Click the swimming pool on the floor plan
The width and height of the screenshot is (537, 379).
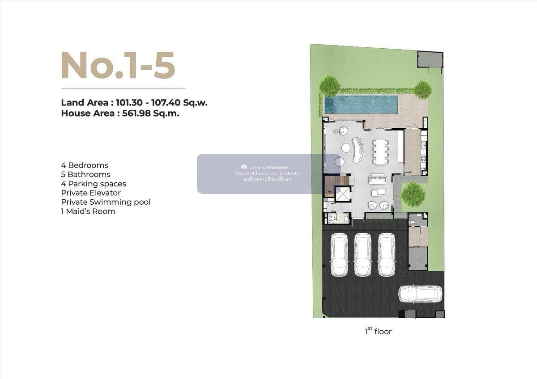(x=361, y=105)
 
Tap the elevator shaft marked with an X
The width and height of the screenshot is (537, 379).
(x=343, y=194)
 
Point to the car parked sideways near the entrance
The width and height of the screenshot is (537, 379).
(x=420, y=294)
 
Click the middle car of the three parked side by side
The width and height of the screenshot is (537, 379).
(x=363, y=255)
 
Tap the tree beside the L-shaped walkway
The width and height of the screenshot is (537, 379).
(x=413, y=194)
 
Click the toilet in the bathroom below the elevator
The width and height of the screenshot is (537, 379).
(x=332, y=219)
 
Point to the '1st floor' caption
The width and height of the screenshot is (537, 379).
(x=378, y=331)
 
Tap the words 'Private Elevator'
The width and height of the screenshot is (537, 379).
(x=91, y=193)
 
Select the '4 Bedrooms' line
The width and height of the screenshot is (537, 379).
(x=85, y=165)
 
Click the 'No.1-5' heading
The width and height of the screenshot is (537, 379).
(x=118, y=65)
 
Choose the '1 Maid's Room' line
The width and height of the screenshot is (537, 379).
(x=88, y=211)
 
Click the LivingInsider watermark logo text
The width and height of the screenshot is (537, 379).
(x=268, y=167)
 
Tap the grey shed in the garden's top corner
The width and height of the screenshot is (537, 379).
(x=430, y=59)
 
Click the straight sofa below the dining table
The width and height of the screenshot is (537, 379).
(x=378, y=179)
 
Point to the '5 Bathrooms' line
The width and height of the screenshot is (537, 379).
(x=85, y=174)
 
